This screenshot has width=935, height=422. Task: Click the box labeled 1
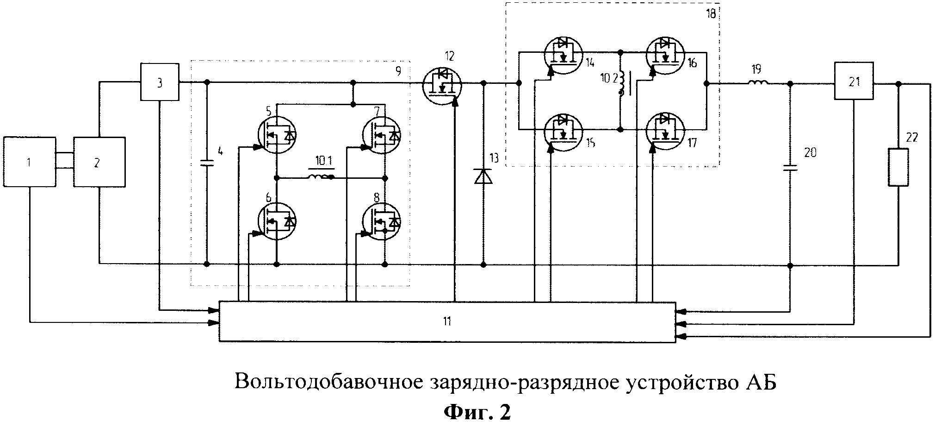click(29, 162)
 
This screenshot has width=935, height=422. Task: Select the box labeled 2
click(99, 162)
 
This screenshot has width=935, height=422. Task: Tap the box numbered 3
click(160, 82)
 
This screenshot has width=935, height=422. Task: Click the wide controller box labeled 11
click(447, 321)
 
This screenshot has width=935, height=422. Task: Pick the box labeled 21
click(854, 81)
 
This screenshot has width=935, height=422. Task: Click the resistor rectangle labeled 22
click(898, 167)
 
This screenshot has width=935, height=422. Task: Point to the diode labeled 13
click(483, 176)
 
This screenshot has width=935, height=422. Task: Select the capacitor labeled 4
click(207, 163)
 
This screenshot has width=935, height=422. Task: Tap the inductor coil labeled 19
click(758, 83)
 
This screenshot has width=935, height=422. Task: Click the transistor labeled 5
click(277, 135)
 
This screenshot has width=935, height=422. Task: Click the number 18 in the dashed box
click(710, 14)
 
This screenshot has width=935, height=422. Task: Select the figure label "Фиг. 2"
click(477, 411)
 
